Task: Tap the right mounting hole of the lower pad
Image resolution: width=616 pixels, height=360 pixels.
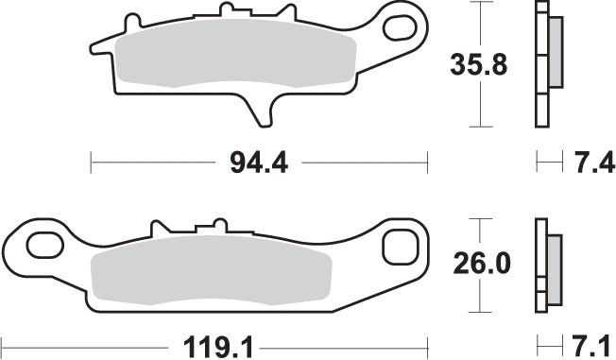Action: click(400, 248)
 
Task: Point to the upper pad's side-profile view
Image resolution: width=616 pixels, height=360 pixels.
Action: click(545, 63)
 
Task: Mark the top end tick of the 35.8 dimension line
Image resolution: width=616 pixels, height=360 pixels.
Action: click(483, 4)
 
